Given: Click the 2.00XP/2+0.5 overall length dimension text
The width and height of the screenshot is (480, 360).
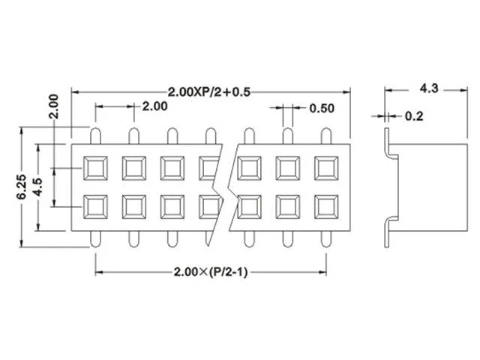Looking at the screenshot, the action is (209, 91).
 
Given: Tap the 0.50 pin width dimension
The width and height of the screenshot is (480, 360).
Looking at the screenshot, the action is (322, 108).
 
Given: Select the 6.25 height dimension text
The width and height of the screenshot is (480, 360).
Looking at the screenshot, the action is (22, 187).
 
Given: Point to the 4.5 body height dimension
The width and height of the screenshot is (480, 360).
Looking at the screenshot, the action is (38, 187).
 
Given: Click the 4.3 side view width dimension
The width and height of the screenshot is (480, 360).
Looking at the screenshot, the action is (429, 88).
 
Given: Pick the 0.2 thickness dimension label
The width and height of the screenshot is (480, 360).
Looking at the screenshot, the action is (414, 116).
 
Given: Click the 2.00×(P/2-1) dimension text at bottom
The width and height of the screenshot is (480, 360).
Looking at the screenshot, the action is (211, 271).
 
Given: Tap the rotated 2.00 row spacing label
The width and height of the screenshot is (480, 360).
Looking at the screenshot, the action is (53, 106).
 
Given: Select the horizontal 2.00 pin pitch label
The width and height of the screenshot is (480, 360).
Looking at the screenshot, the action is (155, 106).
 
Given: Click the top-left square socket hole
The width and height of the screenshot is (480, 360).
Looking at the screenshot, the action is (95, 168).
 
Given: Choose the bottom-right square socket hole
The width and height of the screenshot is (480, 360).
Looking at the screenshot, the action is (326, 207).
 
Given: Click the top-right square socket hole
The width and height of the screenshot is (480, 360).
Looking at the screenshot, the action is (326, 168).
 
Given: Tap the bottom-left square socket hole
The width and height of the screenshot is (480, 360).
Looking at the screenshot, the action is (95, 207).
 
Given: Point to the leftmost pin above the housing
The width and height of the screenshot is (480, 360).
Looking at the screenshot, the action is (95, 136).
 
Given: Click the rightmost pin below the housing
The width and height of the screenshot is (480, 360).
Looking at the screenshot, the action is (326, 239).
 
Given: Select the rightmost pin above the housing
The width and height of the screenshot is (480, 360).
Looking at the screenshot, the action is (326, 136).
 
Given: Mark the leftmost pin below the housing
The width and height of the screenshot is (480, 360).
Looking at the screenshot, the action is (95, 239).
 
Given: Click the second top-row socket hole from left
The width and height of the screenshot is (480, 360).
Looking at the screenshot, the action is (134, 168).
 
